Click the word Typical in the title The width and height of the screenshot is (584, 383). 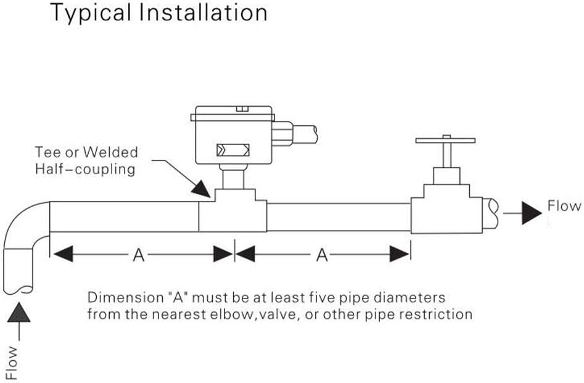click(90, 14)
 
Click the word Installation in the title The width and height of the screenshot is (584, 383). click(204, 12)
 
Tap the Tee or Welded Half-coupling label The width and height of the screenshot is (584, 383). click(86, 160)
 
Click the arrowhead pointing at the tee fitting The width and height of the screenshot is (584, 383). click(202, 189)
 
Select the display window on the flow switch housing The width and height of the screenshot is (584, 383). click(232, 150)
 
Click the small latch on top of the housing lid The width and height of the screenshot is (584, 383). click(242, 109)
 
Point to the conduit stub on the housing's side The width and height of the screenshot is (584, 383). click(294, 134)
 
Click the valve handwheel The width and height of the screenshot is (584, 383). click(445, 140)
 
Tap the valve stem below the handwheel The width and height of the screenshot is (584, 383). click(447, 156)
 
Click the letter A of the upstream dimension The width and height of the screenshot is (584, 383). click(139, 255)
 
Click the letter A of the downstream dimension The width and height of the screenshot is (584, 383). click(322, 255)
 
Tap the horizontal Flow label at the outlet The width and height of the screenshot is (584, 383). click(564, 206)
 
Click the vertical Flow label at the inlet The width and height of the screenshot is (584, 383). click(12, 363)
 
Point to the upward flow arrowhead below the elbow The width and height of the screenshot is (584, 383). click(19, 312)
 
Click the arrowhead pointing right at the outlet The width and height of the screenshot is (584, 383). click(532, 213)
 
